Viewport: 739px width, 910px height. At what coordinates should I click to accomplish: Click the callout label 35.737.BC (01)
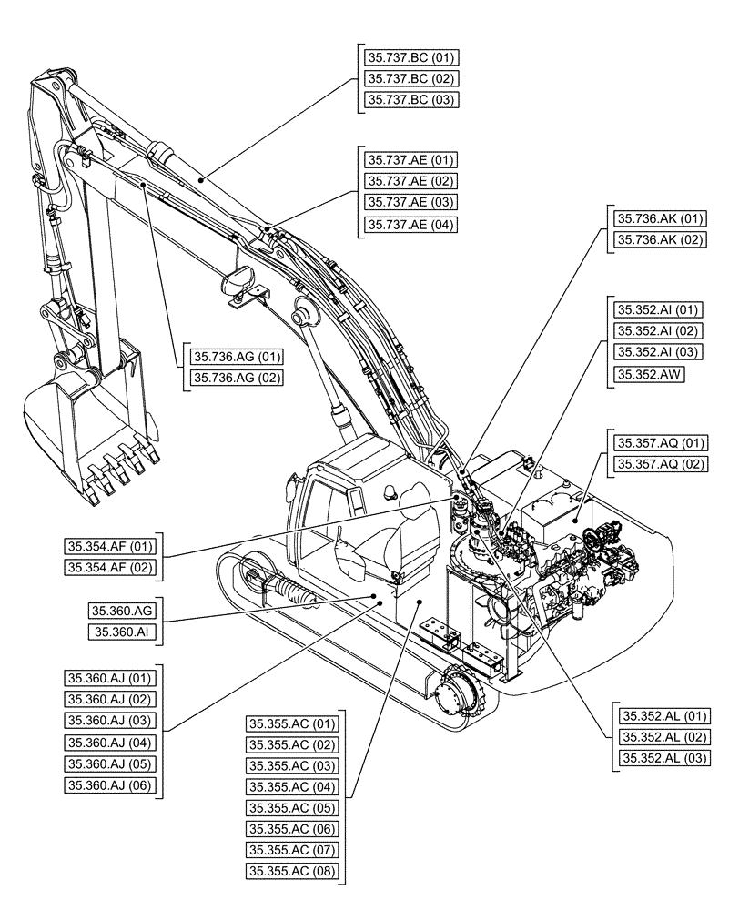pyautogui.click(x=410, y=57)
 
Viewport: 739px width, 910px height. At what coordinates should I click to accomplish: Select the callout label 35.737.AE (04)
pyautogui.click(x=410, y=224)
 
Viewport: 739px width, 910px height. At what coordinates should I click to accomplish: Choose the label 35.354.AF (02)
pyautogui.click(x=111, y=569)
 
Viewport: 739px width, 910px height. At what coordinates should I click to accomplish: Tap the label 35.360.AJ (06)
pyautogui.click(x=111, y=784)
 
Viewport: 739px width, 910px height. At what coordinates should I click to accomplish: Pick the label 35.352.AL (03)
pyautogui.click(x=663, y=758)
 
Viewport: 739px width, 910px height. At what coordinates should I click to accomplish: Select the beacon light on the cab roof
pyautogui.click(x=392, y=491)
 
